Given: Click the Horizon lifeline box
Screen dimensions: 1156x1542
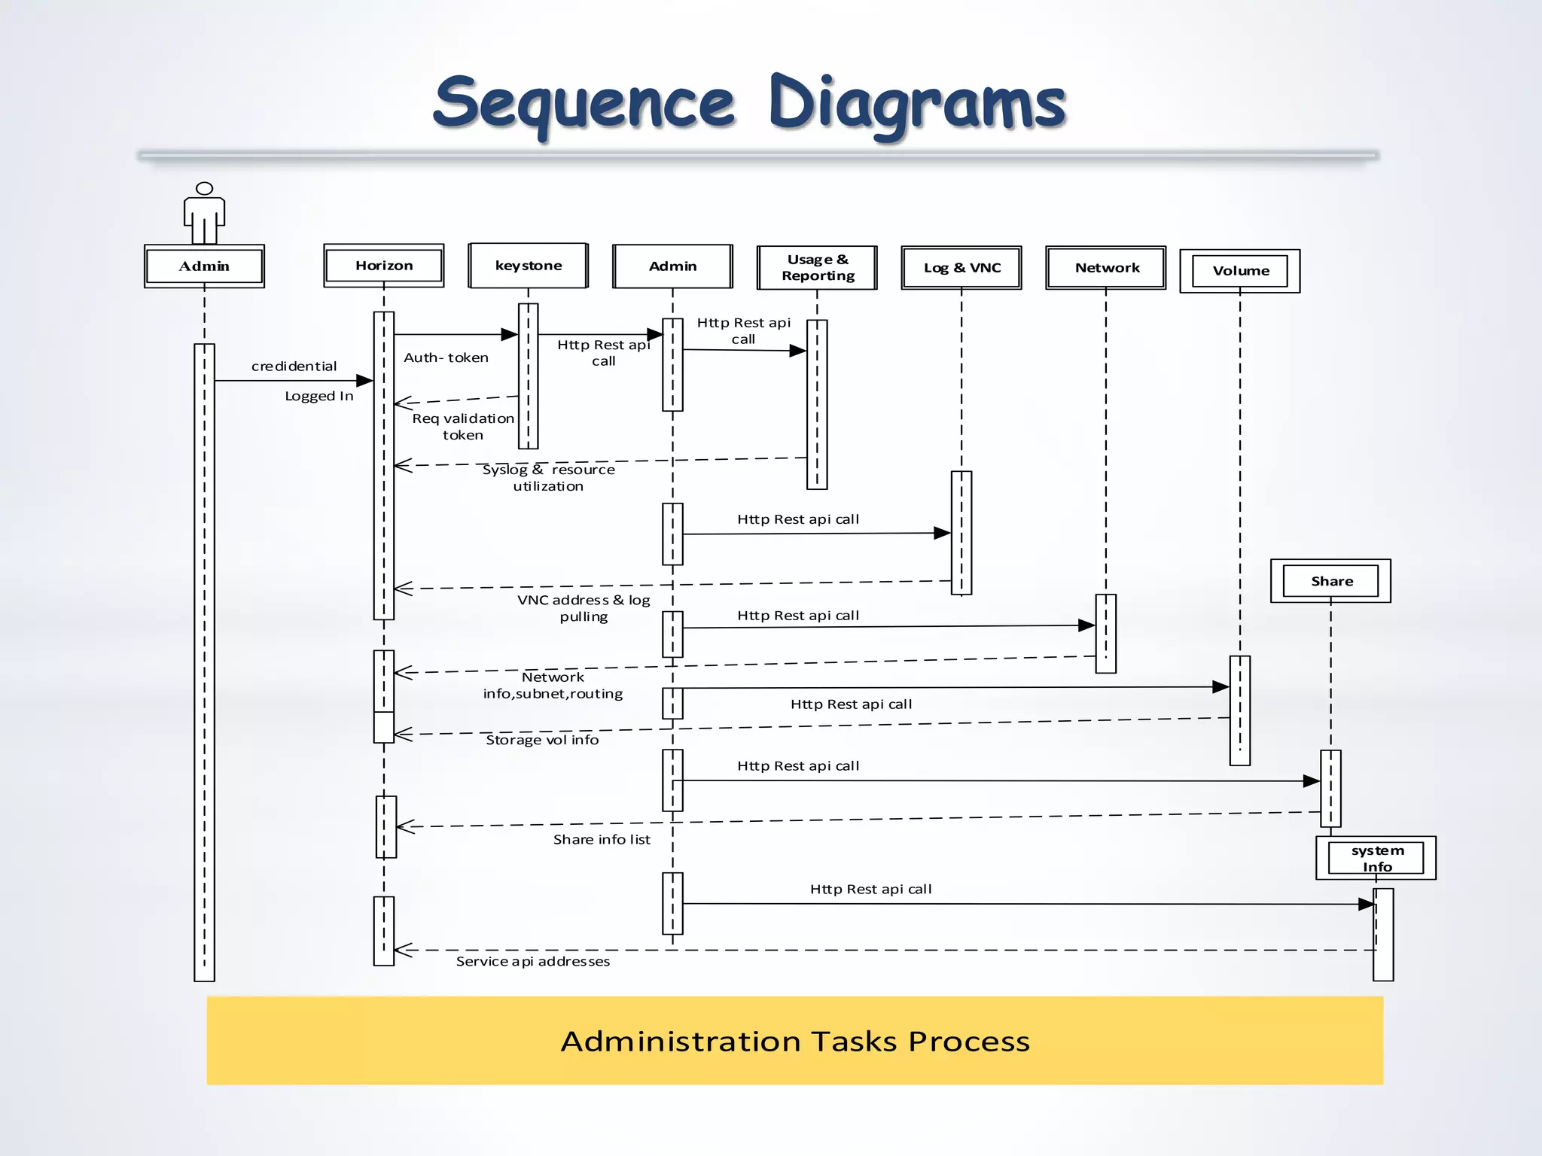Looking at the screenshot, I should pyautogui.click(x=384, y=266).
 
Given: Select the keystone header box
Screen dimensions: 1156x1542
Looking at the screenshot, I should pyautogui.click(x=529, y=266).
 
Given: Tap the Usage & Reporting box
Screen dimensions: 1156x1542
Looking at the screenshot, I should pyautogui.click(x=818, y=268).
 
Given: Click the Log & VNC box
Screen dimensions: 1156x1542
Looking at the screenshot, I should pyautogui.click(x=962, y=268).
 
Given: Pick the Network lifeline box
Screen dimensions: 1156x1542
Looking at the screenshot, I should pyautogui.click(x=1107, y=268).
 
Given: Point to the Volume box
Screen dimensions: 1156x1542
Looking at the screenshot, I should pyautogui.click(x=1241, y=271).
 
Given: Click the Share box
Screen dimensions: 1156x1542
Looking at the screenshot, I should pyautogui.click(x=1331, y=581).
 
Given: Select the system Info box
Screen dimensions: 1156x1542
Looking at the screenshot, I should pyautogui.click(x=1377, y=859).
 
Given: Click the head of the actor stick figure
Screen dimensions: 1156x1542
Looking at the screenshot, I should pyautogui.click(x=204, y=188).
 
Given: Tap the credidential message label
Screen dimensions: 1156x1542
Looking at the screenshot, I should pyautogui.click(x=294, y=367).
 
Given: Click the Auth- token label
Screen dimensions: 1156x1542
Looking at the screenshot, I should pyautogui.click(x=446, y=358).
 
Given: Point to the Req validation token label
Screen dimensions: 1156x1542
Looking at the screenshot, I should pyautogui.click(x=462, y=427).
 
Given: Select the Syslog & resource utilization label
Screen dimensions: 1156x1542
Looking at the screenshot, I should pyautogui.click(x=548, y=478).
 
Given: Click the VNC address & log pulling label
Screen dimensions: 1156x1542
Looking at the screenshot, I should pyautogui.click(x=584, y=608).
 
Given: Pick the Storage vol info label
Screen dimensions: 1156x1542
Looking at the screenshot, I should pyautogui.click(x=542, y=740).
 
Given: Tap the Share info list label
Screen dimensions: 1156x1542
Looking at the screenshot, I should pyautogui.click(x=602, y=840).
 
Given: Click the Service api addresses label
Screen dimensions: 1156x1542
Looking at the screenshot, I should pyautogui.click(x=533, y=962).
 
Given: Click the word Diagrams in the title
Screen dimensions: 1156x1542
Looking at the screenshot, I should pyautogui.click(x=917, y=104).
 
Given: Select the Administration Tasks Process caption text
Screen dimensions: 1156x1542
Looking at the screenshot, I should pyautogui.click(x=795, y=1042).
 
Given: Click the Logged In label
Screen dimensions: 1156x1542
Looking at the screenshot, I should pyautogui.click(x=318, y=397).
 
